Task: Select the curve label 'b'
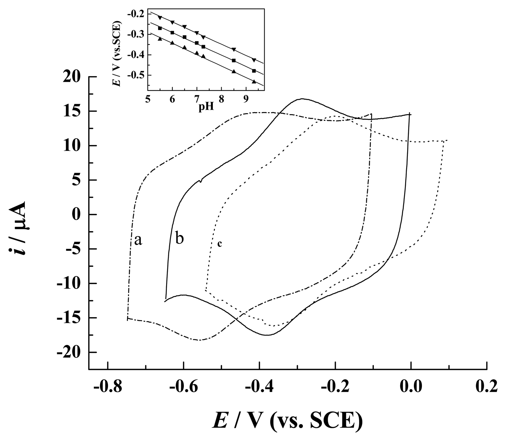click(180, 239)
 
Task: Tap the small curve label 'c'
click(220, 243)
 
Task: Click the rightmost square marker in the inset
click(254, 71)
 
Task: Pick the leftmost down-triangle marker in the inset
click(160, 18)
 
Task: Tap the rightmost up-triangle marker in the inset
click(254, 81)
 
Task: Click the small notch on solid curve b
click(201, 181)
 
